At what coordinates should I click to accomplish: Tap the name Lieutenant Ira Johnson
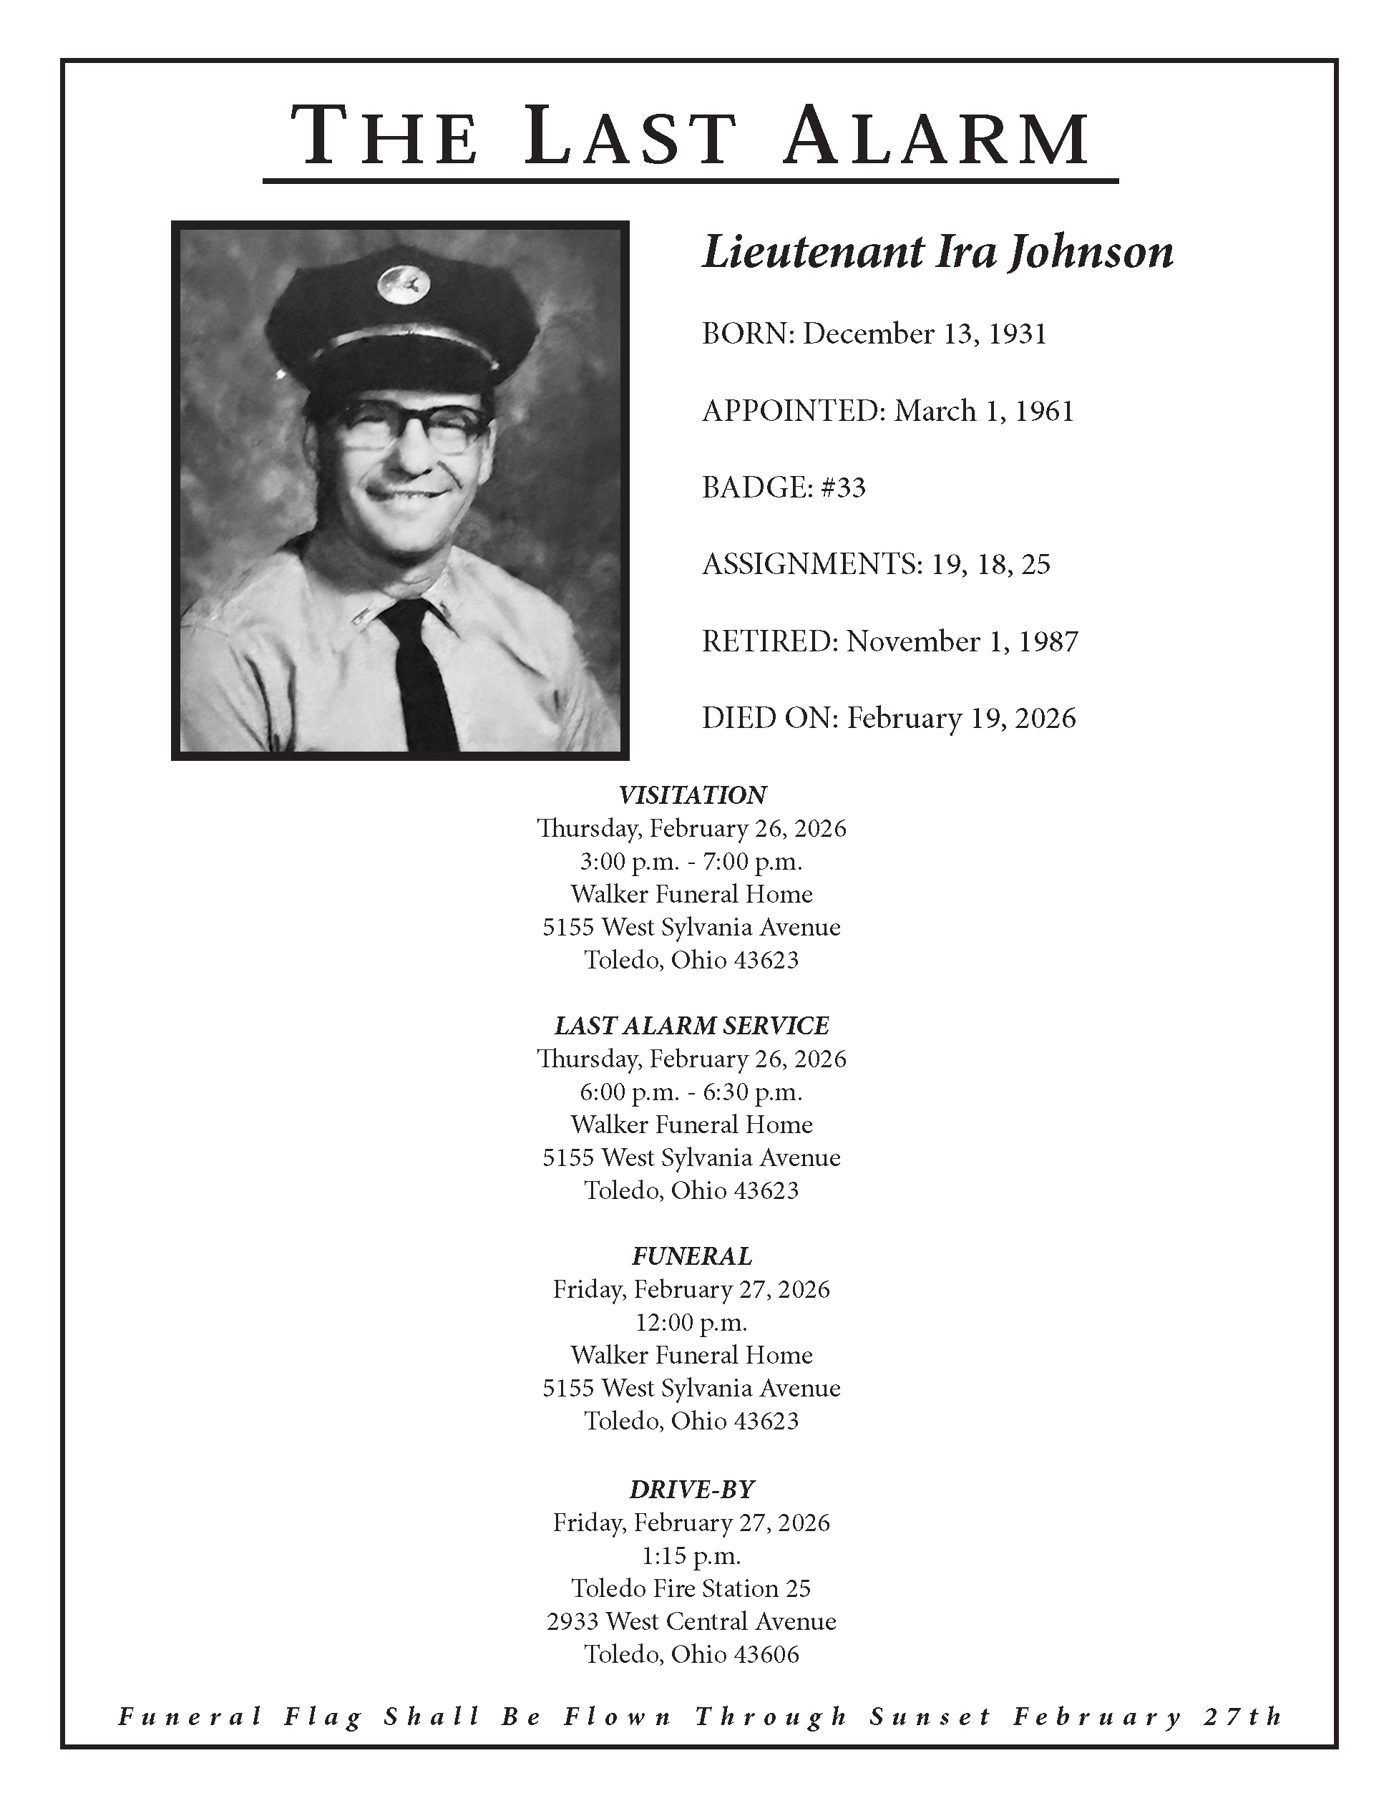937,252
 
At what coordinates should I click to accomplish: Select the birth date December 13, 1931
924,334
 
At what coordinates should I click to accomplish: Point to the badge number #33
843,487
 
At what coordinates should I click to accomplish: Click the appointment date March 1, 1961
983,412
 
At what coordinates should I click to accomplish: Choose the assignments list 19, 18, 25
990,565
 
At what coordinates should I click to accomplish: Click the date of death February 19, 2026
960,718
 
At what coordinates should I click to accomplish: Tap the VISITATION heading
692,795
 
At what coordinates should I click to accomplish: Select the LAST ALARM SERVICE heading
692,1026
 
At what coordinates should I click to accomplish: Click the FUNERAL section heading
692,1256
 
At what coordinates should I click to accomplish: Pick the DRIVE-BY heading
692,1490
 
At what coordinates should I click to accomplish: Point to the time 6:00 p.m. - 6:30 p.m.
691,1092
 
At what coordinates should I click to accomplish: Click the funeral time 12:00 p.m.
691,1322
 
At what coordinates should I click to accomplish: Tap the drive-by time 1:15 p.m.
691,1555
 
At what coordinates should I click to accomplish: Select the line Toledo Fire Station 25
691,1588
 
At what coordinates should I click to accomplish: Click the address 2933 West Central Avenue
691,1621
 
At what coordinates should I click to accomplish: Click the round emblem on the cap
404,284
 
